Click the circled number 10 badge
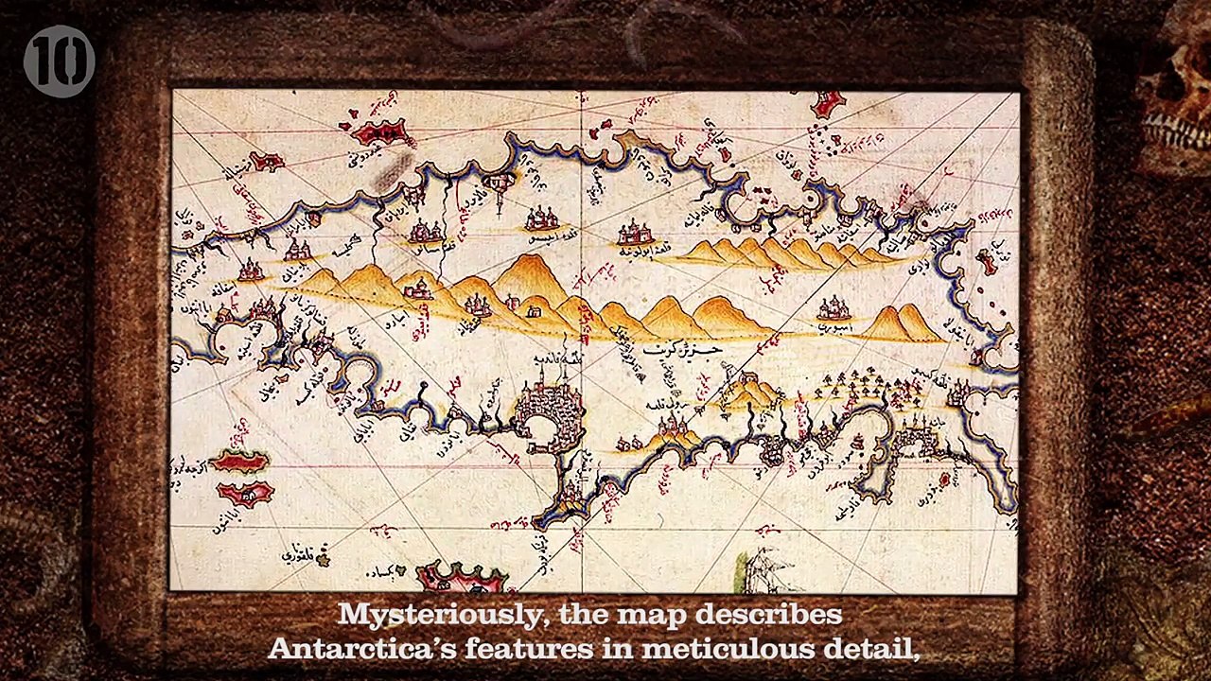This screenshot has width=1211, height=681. [59, 61]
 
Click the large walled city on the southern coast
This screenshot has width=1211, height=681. [549, 416]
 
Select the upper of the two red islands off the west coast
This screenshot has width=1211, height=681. [239, 462]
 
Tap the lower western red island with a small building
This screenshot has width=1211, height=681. [245, 493]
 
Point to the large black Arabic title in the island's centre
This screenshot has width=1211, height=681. [683, 350]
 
